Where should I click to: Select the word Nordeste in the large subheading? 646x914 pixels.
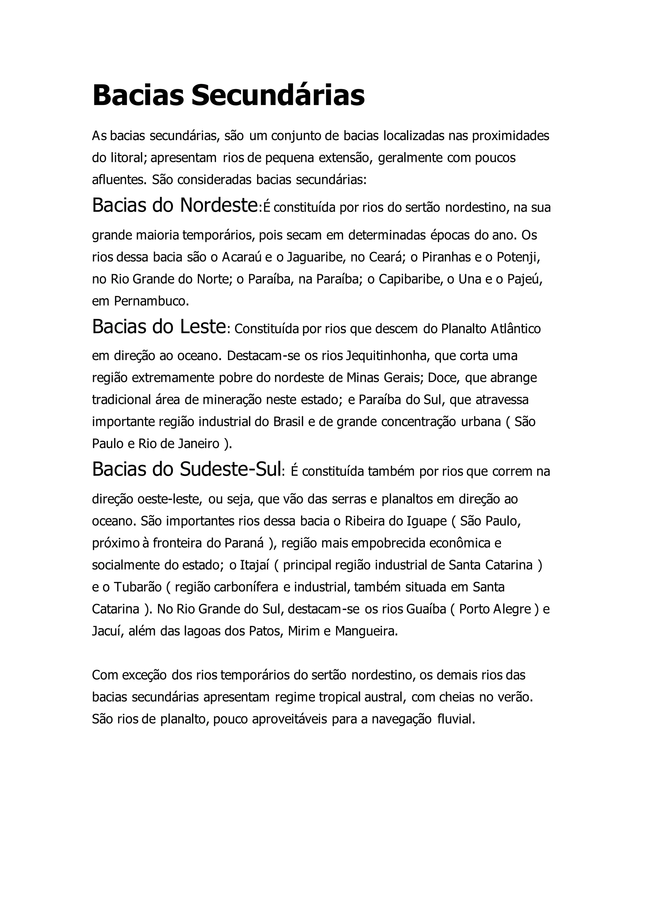pyautogui.click(x=218, y=205)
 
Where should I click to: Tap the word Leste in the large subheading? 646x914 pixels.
pyautogui.click(x=203, y=327)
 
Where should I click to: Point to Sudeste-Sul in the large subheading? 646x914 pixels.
pyautogui.click(x=231, y=469)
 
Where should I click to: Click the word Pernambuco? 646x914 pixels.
pyautogui.click(x=151, y=301)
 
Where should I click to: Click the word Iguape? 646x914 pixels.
pyautogui.click(x=426, y=521)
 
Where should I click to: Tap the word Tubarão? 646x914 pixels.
pyautogui.click(x=138, y=587)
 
